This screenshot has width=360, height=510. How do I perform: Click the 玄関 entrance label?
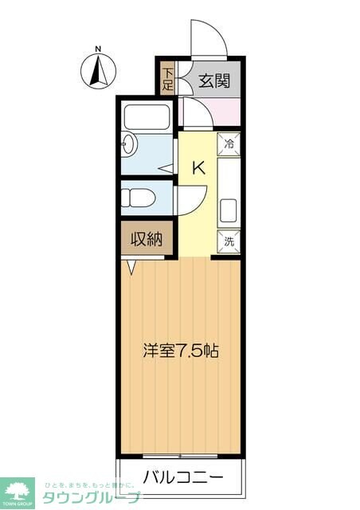213,80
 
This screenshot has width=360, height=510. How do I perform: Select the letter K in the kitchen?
199,168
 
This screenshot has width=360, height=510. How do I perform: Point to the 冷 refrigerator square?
229,145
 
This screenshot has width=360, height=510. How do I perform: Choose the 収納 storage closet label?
147,239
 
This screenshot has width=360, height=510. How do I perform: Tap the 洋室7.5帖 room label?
181,350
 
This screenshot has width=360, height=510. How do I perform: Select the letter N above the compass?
98,49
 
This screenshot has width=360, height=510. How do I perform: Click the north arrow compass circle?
98,72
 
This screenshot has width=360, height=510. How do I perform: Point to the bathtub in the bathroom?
146,116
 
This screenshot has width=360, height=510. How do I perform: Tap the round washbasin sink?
129,144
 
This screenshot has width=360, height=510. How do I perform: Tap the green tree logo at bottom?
18,490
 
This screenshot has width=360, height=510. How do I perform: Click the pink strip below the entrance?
209,111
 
